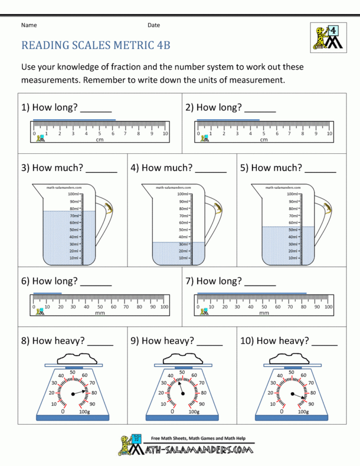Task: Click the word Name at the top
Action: [x=29, y=25]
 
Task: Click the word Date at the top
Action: [x=154, y=25]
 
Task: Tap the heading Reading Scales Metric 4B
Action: [x=96, y=45]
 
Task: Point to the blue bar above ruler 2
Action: [x=228, y=120]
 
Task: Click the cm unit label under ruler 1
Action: [x=100, y=140]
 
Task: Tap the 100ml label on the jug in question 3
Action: [x=74, y=194]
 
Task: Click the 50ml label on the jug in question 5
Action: [x=292, y=230]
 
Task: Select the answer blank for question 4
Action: [x=211, y=169]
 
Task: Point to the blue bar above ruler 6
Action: [x=48, y=293]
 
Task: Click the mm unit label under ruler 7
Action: [x=264, y=313]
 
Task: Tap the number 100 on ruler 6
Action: [x=164, y=307]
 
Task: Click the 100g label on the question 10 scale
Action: [x=303, y=412]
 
